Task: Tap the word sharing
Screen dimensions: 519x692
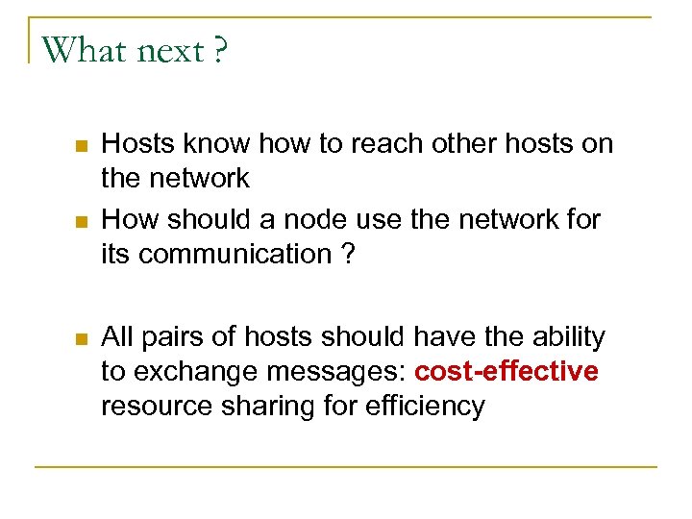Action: point(267,407)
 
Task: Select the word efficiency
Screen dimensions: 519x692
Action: point(426,407)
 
